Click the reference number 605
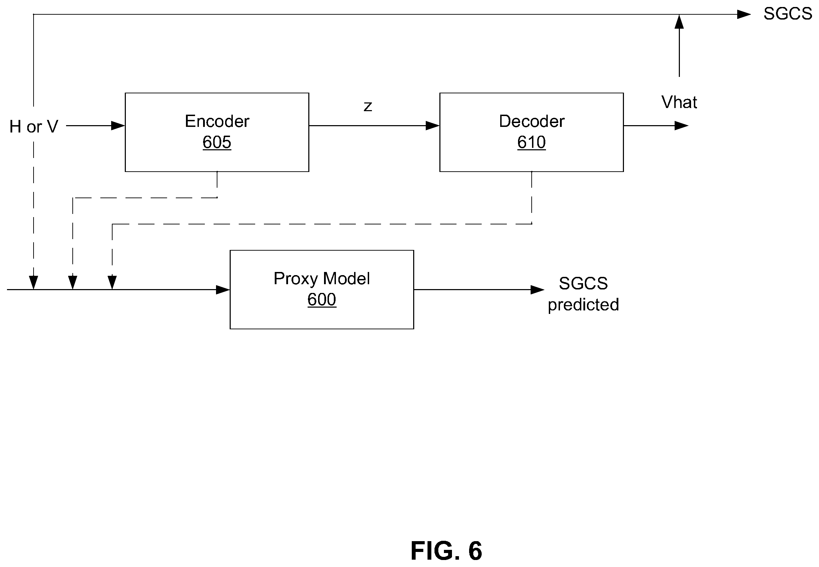217,142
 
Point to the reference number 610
531,142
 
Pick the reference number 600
322,300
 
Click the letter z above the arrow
368,106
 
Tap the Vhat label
679,102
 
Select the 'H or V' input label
34,127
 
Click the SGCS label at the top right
788,14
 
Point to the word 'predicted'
583,305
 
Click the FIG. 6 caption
446,551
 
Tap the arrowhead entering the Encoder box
118,125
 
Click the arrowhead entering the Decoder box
433,125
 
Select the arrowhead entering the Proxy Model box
223,289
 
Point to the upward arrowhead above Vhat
679,22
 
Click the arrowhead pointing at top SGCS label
744,14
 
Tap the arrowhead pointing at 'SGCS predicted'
537,289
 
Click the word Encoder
217,121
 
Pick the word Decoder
532,121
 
